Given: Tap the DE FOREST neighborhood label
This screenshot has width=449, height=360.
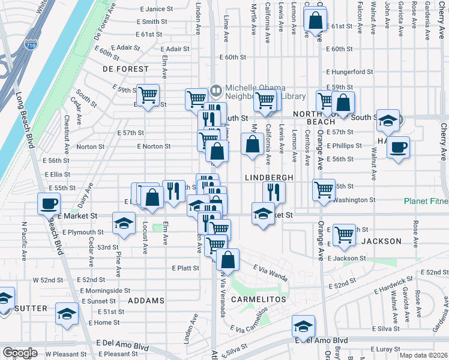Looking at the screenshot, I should click(116, 69).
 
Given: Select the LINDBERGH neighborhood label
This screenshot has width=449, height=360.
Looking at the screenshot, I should click(269, 178).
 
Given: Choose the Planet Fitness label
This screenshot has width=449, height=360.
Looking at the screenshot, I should click(426, 201).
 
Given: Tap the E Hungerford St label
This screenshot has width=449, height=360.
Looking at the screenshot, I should click(349, 72).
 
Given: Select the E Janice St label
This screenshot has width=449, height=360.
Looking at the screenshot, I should click(155, 10).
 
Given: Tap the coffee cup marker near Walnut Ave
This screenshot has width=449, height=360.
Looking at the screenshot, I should click(397, 147).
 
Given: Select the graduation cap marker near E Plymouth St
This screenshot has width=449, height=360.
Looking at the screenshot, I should click(124, 224).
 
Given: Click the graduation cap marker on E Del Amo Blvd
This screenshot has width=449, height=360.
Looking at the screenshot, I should click(304, 327).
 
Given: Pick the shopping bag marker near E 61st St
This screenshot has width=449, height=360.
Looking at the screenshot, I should click(315, 20).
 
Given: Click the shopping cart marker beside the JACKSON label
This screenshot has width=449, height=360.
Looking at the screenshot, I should click(344, 235).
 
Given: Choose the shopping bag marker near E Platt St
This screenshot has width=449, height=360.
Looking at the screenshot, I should click(228, 260).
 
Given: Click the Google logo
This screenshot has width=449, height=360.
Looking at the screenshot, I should click(20, 353).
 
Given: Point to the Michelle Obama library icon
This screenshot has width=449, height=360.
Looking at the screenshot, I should click(215, 91).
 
